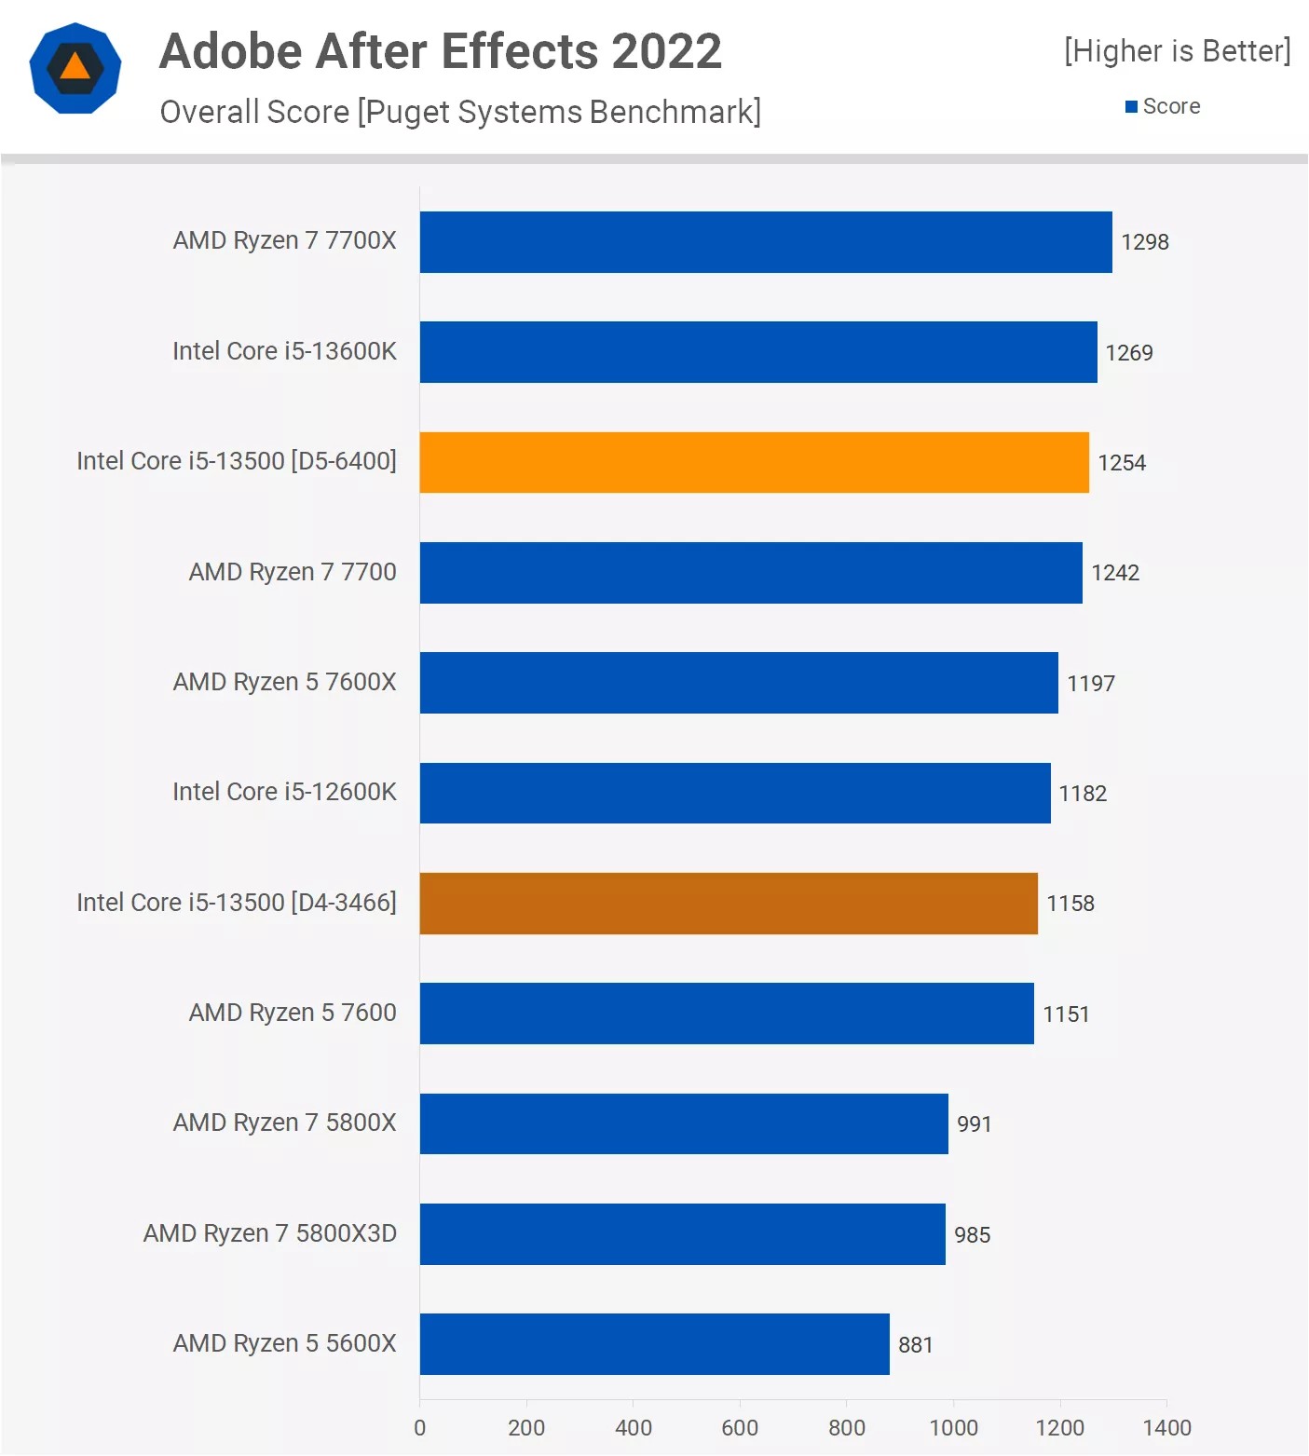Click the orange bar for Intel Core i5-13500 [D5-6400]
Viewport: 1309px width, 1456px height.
point(754,462)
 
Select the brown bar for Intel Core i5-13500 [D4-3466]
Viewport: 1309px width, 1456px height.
point(729,903)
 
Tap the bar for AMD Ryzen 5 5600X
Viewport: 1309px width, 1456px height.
point(654,1343)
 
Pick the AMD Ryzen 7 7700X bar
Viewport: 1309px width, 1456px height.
point(766,242)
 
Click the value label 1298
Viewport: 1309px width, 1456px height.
point(1144,242)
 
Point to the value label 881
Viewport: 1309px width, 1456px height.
point(915,1344)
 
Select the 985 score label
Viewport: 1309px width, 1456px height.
point(972,1234)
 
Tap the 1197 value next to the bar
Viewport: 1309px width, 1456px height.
point(1090,684)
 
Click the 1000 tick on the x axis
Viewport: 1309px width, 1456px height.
point(953,1427)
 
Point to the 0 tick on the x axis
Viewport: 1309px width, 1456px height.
point(419,1427)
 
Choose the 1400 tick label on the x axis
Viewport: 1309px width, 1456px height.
point(1166,1427)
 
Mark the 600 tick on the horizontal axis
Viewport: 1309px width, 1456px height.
point(740,1427)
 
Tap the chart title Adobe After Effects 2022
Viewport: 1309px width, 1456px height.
point(441,51)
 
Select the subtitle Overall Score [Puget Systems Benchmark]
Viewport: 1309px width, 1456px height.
point(460,112)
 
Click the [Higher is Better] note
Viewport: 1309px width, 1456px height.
point(1177,51)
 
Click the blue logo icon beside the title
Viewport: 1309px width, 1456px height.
point(75,68)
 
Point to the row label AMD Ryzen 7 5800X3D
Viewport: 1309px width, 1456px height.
point(270,1233)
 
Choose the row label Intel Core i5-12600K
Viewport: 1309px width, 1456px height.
point(284,792)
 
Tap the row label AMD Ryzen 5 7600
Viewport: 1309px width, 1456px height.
point(293,1013)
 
